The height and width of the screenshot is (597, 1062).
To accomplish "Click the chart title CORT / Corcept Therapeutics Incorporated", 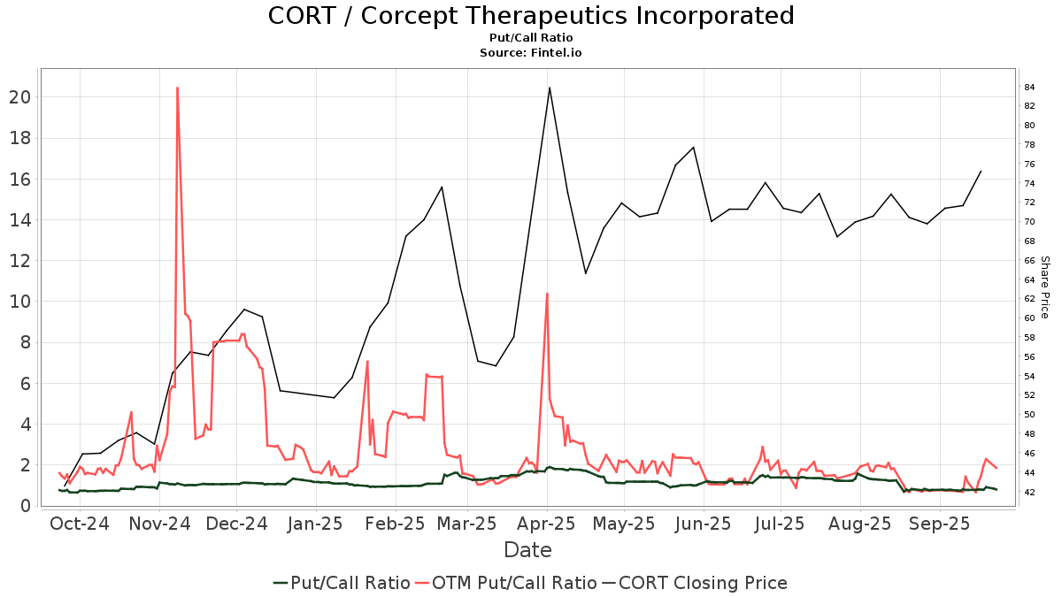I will click(530, 16).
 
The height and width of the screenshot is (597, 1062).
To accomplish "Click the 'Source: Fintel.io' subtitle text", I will click(530, 53).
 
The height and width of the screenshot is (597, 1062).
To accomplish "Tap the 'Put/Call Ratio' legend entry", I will click(341, 583).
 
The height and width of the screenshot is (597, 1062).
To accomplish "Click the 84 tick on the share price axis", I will click(1030, 88).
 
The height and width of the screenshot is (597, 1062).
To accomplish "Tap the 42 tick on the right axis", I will click(1030, 492).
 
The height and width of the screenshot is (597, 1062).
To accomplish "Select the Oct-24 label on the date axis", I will click(81, 523).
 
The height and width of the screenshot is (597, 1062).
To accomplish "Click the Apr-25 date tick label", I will click(546, 523).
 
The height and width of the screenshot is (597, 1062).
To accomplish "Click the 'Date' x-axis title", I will click(527, 550).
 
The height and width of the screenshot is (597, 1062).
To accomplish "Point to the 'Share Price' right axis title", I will click(1045, 287).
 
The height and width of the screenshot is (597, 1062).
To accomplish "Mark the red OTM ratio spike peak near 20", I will click(177, 88).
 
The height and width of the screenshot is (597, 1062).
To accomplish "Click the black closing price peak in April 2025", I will click(550, 88).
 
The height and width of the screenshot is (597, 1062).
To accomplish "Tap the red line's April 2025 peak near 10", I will click(547, 294).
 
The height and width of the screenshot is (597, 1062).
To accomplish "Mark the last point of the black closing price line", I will click(981, 172).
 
